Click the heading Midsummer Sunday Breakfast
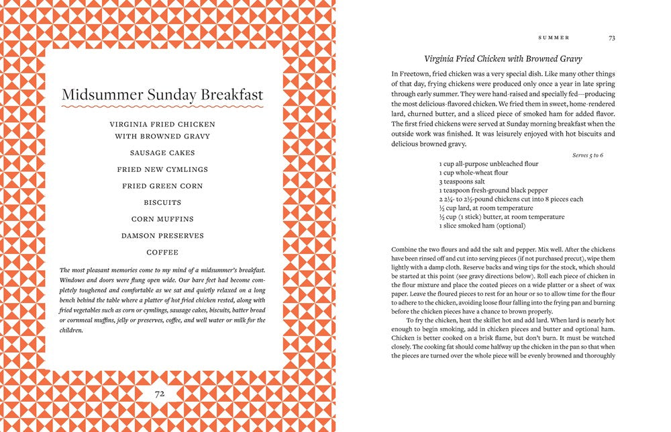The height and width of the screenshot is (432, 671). point(162,95)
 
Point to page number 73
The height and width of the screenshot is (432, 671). point(611,38)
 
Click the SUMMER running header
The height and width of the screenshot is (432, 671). point(554,38)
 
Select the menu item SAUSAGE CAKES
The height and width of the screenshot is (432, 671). point(162,153)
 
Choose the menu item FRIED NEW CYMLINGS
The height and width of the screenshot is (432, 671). point(162,169)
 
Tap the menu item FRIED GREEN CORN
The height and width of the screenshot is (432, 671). point(162,186)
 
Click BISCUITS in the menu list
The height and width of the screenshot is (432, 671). point(162,202)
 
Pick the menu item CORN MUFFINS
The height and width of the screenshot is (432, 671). point(162,219)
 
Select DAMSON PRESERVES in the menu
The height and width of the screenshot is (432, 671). point(162,236)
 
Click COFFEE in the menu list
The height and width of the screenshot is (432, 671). point(162,253)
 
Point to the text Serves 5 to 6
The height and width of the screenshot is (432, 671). point(588,155)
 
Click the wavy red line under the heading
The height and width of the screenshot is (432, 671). point(162,107)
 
